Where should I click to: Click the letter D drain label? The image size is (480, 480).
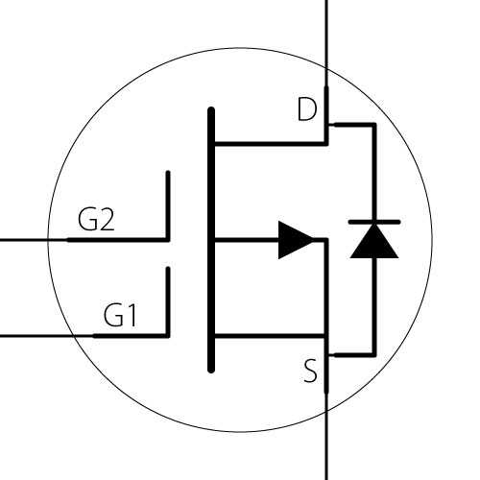[307, 109]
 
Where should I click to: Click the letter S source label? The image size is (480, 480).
[310, 371]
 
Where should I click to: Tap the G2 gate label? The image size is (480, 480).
[96, 219]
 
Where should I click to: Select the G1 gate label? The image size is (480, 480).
[120, 315]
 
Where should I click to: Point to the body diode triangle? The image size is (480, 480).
[374, 241]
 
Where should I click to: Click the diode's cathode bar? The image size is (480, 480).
[374, 222]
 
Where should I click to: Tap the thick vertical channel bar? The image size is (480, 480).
[211, 240]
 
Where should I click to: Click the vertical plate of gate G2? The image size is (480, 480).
[168, 205]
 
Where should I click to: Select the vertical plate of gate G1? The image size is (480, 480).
[168, 301]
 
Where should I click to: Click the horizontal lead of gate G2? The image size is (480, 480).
[84, 240]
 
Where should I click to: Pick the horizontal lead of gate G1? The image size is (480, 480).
[84, 336]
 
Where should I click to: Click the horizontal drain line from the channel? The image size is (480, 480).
[272, 144]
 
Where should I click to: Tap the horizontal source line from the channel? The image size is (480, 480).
[272, 336]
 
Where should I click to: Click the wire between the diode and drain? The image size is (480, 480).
[374, 160]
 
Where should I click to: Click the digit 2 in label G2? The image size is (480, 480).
[106, 220]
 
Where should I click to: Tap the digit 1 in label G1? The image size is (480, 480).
[132, 315]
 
